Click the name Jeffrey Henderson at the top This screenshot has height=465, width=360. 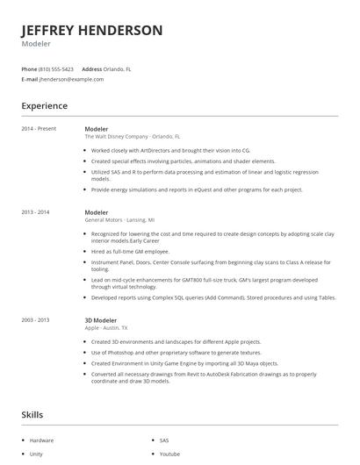pos(92,30)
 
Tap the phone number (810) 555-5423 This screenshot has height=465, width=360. pos(57,68)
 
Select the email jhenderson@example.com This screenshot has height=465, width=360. pos(71,79)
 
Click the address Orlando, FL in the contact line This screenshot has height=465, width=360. pos(117,68)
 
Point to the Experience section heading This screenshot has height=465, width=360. pos(45,106)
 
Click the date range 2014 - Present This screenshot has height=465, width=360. pos(39,129)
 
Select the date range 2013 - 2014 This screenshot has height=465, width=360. pos(36,212)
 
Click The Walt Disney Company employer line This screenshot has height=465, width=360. pos(132,137)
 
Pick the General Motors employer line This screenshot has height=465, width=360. pos(119,220)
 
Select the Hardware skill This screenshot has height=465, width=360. pos(41,440)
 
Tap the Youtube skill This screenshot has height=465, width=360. pos(169,454)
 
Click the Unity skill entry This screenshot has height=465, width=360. pos(36,454)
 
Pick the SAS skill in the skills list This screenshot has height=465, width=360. pos(164,440)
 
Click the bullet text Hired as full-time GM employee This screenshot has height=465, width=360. pos(130,251)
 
